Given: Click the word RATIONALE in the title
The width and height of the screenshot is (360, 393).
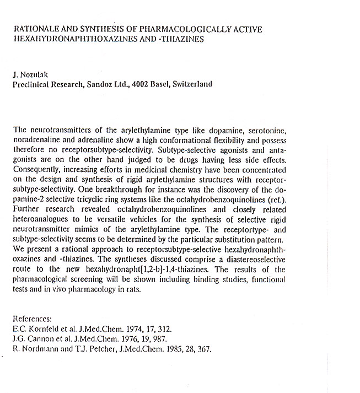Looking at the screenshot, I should tap(35, 29).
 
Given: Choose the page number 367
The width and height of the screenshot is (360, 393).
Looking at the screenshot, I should tap(203, 349).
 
